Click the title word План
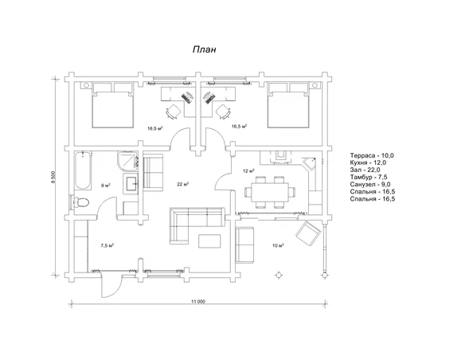tap(204, 49)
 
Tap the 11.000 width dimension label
tap(198, 302)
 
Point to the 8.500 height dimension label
tap(53, 177)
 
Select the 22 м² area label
tap(183, 184)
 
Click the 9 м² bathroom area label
tap(106, 186)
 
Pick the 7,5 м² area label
tap(107, 245)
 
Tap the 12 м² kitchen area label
tap(248, 170)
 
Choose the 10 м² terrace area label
tap(278, 245)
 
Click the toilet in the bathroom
tap(81, 203)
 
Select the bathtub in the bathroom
tap(83, 170)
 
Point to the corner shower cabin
tap(127, 162)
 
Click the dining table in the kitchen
tap(270, 192)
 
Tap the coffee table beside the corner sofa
tap(209, 241)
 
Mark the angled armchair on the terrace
tap(309, 233)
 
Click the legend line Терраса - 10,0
tap(372, 155)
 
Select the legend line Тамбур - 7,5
tap(369, 177)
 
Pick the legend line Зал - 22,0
tap(365, 170)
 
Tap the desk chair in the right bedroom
tap(223, 112)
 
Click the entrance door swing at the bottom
tap(111, 286)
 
